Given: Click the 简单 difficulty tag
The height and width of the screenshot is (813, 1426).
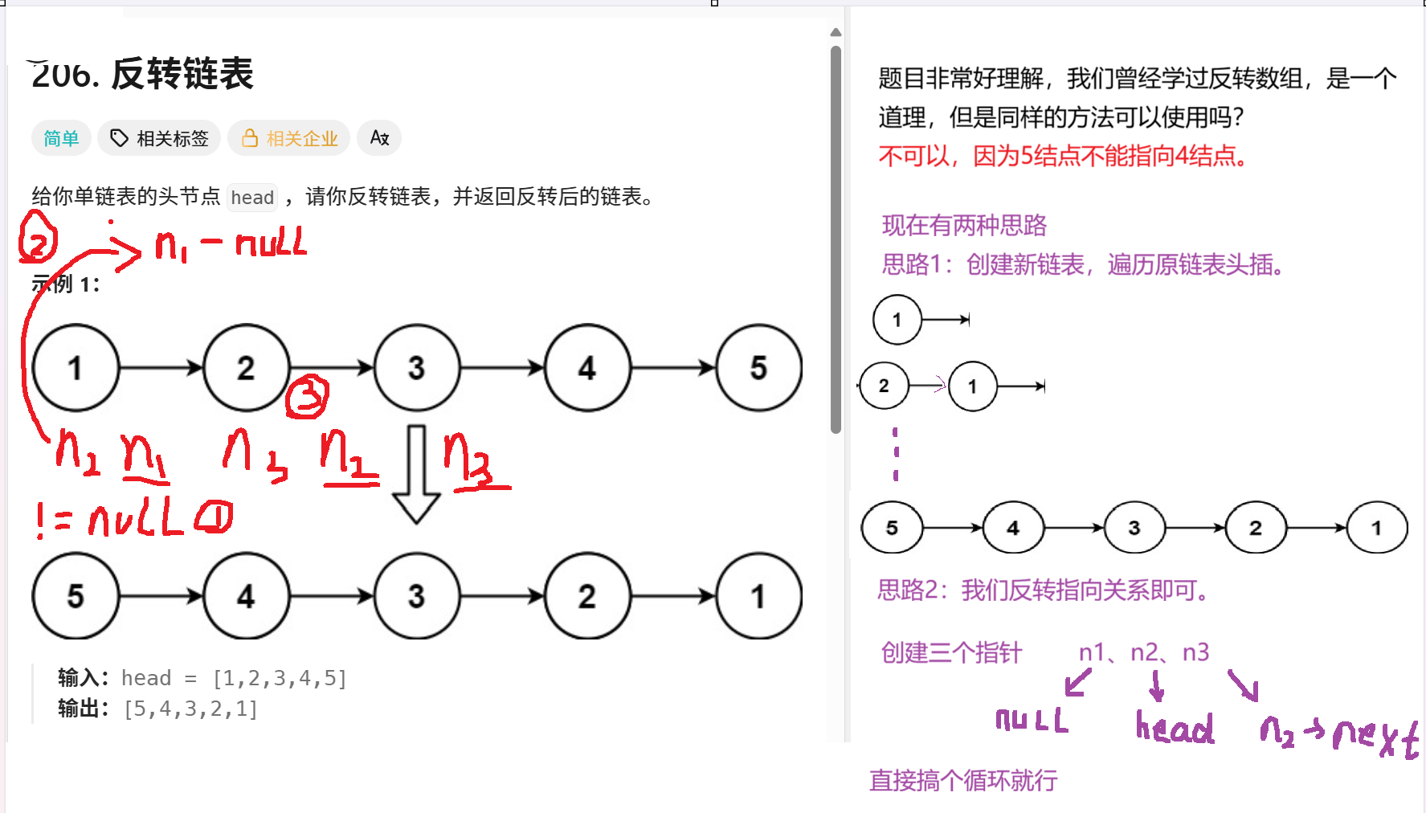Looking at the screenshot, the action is (x=61, y=138).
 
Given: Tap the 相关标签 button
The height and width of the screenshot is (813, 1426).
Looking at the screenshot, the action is (x=160, y=138).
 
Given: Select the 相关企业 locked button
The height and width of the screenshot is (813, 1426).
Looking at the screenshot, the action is (x=289, y=138).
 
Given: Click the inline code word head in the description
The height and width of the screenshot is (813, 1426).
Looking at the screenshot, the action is (x=252, y=198).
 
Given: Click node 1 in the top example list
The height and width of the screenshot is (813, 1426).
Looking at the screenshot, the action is (x=76, y=368).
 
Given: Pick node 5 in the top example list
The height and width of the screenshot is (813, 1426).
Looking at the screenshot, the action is (x=758, y=368).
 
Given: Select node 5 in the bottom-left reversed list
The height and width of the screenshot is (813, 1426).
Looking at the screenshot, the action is (x=76, y=596).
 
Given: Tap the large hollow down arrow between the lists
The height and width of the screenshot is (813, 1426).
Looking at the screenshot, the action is (x=416, y=474).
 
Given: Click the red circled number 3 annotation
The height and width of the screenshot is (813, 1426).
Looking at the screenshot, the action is (x=308, y=396).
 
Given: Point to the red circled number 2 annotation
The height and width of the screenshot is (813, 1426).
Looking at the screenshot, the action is (x=38, y=238).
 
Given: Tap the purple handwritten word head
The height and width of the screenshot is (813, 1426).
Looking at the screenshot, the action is (x=1175, y=728).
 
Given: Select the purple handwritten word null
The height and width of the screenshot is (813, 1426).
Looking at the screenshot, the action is (x=1032, y=720).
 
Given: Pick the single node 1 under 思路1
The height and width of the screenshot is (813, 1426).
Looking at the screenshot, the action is (x=897, y=320).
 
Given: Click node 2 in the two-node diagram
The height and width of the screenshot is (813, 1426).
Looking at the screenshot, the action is (x=884, y=386).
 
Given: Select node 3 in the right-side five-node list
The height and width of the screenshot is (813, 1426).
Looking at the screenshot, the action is (x=1134, y=528).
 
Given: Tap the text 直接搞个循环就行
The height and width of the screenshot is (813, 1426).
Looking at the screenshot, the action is (x=963, y=780).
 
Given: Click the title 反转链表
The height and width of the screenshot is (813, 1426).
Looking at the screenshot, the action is (x=182, y=74).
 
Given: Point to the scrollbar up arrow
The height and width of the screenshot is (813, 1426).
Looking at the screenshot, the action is (x=836, y=33).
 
